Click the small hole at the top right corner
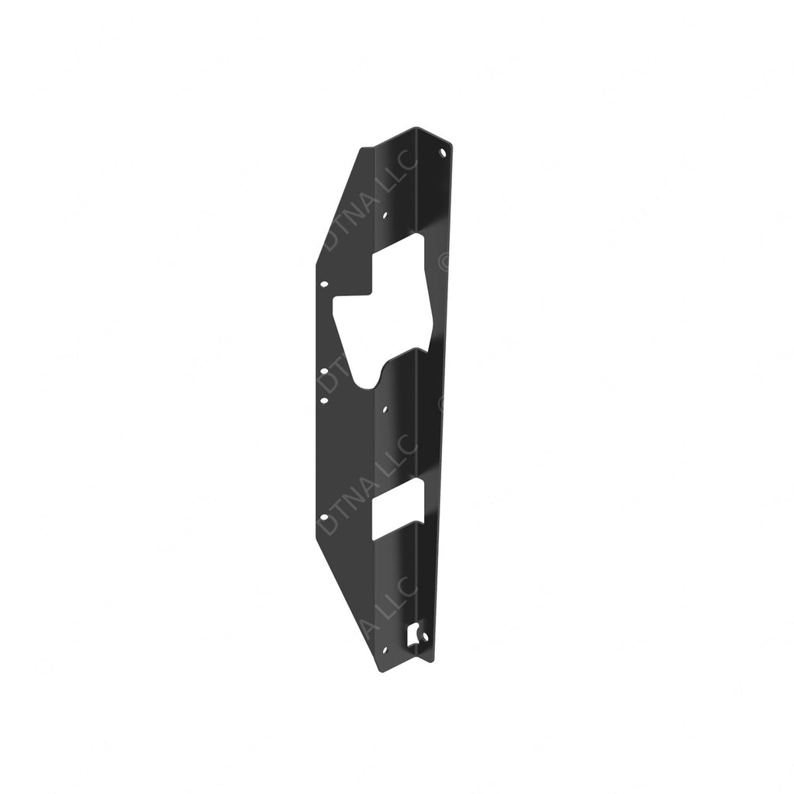coord(443,153)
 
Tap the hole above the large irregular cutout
coord(386,215)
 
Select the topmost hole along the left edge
coord(324,285)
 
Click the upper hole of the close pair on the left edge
coord(323,371)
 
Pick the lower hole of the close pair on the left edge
coord(323,401)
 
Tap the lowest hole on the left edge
coord(323,517)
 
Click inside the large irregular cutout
coord(388,310)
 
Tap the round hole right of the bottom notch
coord(424,637)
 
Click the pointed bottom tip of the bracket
coord(381,671)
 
